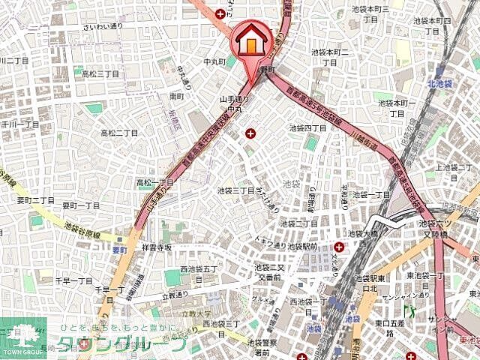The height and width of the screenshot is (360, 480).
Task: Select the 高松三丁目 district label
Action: [101, 73]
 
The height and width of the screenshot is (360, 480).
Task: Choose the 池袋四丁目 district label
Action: [308, 128]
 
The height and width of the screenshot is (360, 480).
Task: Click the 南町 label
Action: [177, 96]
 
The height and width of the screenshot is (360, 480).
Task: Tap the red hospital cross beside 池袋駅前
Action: [339, 247]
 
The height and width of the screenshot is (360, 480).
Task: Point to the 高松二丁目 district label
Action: [154, 181]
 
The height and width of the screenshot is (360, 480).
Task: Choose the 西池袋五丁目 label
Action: [199, 268]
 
